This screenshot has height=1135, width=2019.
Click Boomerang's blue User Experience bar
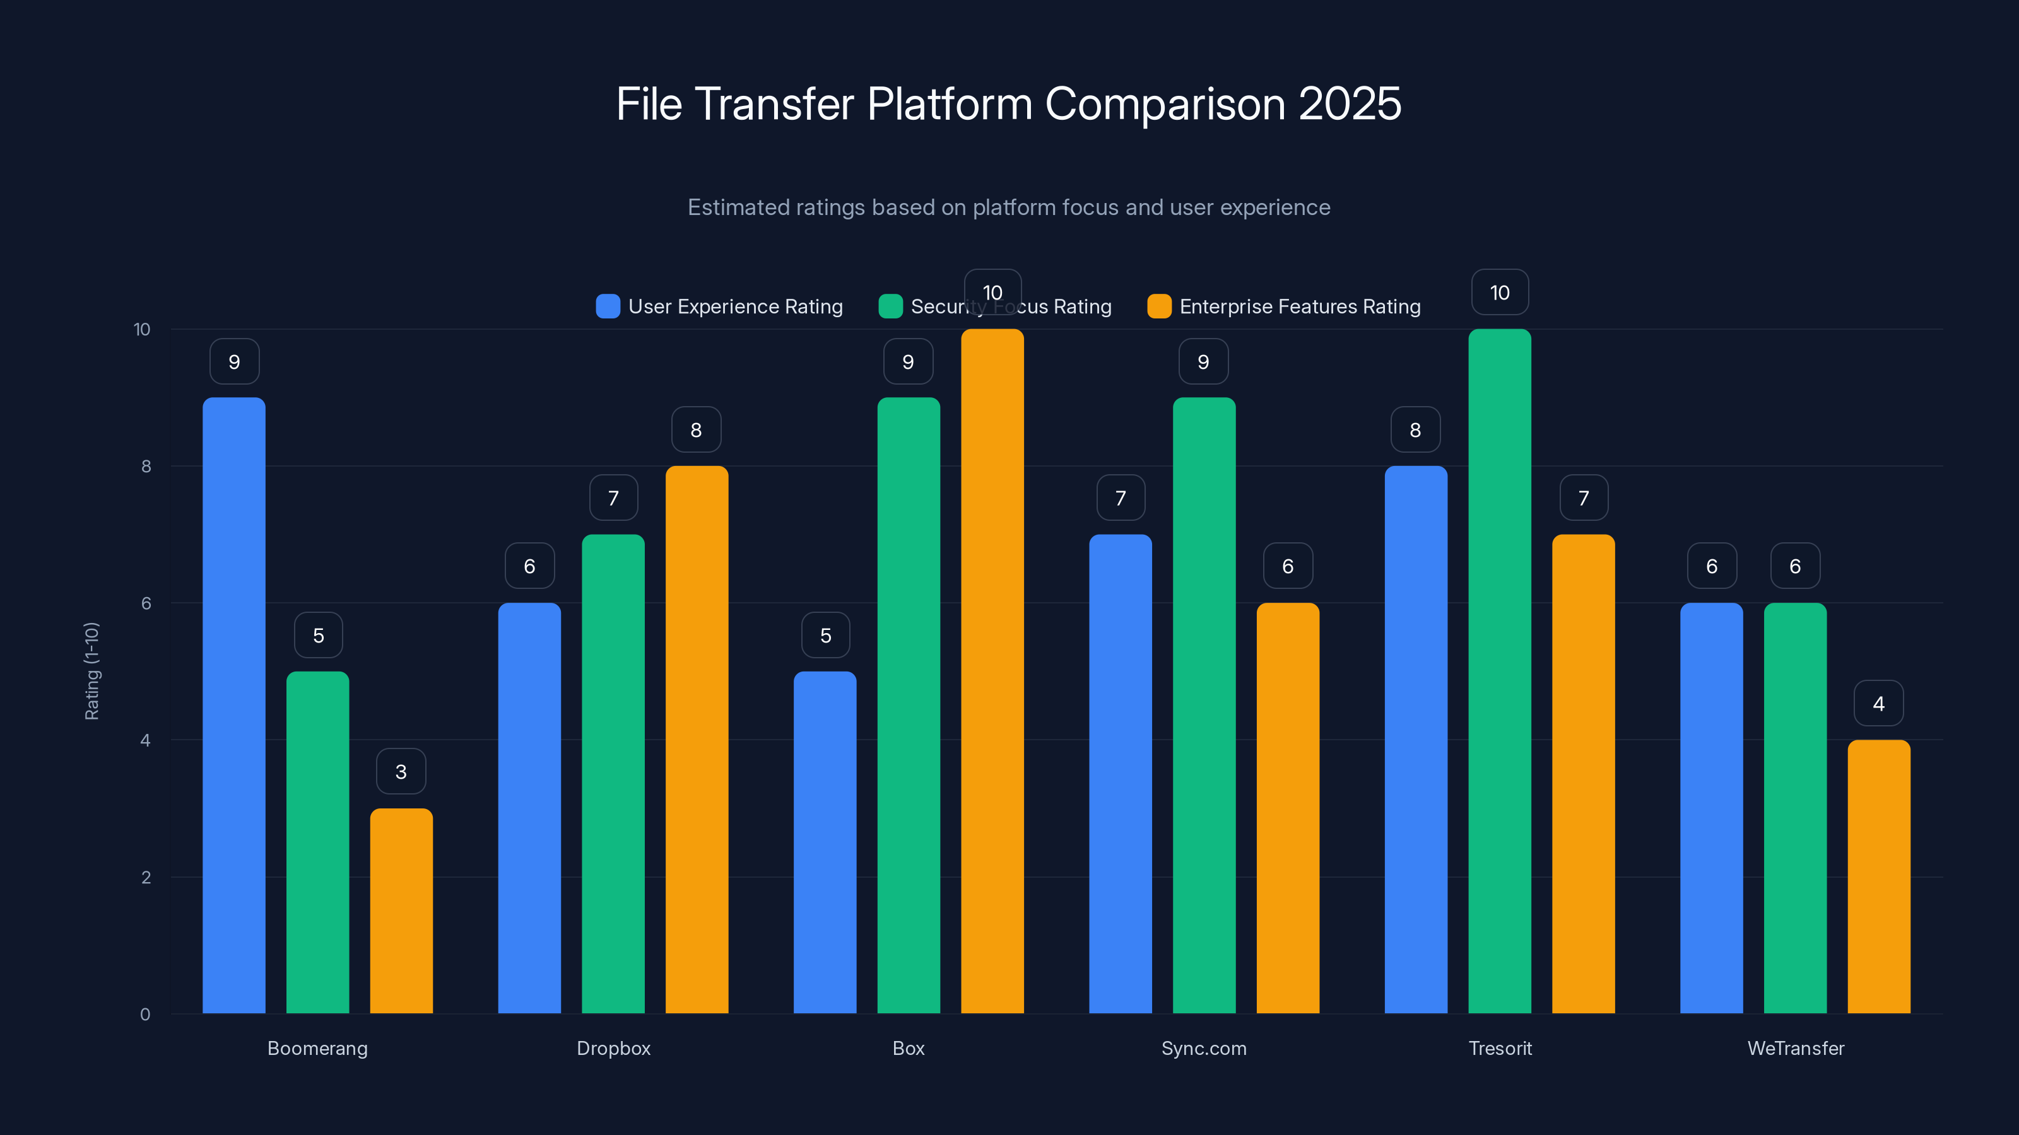click(233, 705)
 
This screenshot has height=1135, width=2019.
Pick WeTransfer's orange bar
click(1879, 876)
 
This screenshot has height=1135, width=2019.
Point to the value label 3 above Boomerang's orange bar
click(401, 772)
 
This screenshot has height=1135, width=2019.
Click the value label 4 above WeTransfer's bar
click(1878, 704)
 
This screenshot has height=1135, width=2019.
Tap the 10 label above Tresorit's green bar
click(1499, 292)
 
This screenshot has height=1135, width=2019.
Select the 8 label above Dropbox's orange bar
click(696, 429)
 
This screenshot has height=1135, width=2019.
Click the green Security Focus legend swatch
click(890, 306)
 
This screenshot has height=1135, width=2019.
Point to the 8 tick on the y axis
click(146, 466)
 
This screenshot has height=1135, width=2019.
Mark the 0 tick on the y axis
click(145, 1015)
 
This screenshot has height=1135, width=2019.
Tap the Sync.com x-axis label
click(1204, 1048)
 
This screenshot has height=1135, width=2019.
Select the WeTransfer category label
click(1796, 1048)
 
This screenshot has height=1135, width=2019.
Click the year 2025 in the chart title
click(1350, 103)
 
